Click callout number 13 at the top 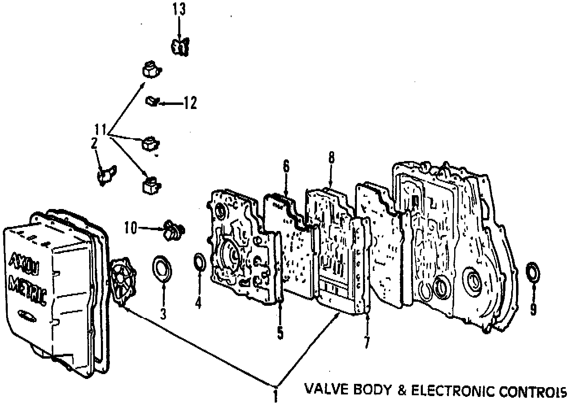pos(179,9)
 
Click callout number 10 pos(131,228)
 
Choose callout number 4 pos(198,303)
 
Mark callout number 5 pos(280,332)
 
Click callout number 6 pos(286,166)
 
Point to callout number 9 pos(533,309)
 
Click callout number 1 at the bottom pos(276,395)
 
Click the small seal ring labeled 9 pos(532,272)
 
